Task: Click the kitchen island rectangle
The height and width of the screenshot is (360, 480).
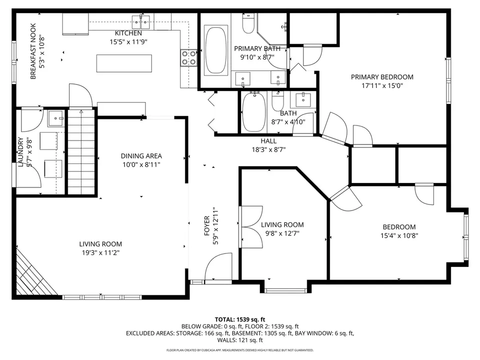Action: pos(124,63)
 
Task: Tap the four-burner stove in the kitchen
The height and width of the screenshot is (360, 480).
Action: pos(188,58)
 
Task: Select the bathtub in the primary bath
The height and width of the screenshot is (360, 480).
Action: pos(216,50)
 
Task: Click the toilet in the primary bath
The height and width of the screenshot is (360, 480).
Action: pos(248,23)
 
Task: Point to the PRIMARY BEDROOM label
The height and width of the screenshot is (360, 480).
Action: pos(382,77)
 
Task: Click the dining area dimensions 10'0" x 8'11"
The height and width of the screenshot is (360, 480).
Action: pos(141,164)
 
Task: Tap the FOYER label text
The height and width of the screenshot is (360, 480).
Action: pos(207,225)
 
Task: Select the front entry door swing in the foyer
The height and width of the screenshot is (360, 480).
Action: pos(218,266)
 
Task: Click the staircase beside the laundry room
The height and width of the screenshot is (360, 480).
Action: pos(81,151)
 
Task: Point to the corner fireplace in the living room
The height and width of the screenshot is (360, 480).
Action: pos(32,272)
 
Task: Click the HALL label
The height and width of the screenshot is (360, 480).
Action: pos(268,141)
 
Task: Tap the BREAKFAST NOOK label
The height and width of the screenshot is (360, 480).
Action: pos(33,51)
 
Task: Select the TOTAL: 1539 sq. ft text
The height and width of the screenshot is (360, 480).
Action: pos(240,320)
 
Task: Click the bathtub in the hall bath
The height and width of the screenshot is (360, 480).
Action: pos(254,112)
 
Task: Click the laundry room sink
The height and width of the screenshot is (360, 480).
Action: pos(56,119)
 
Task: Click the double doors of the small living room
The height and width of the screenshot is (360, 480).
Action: pos(251,227)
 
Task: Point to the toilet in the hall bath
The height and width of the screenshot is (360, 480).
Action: pos(278,101)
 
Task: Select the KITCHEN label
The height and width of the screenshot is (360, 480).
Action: pos(128,33)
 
